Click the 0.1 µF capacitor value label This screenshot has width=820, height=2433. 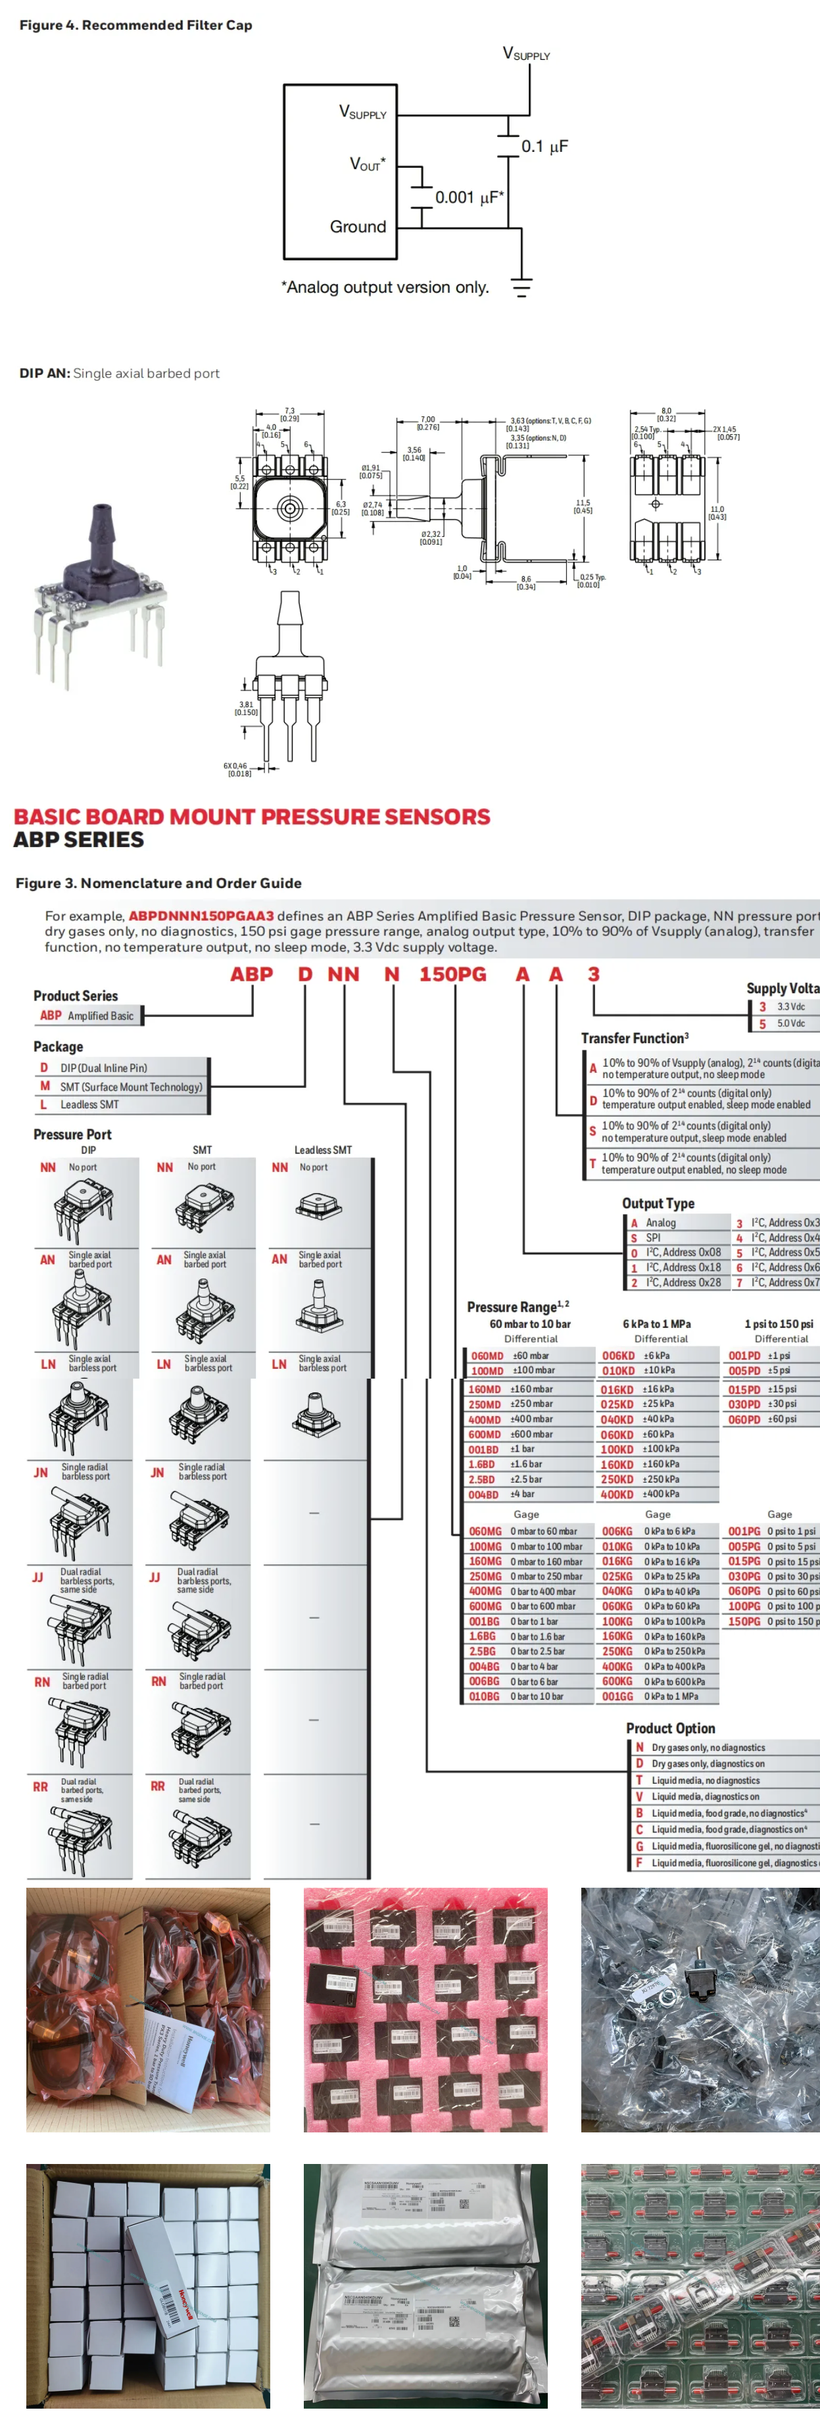pyautogui.click(x=545, y=147)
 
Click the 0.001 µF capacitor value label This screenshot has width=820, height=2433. pyautogui.click(x=469, y=197)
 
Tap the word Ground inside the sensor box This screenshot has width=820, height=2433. pyautogui.click(x=357, y=227)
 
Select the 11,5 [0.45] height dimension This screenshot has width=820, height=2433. pyautogui.click(x=583, y=507)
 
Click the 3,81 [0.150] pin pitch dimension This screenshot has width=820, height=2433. pyautogui.click(x=246, y=708)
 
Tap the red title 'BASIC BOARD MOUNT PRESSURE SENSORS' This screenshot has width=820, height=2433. pyautogui.click(x=251, y=816)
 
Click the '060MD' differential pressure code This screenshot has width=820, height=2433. pyautogui.click(x=487, y=1356)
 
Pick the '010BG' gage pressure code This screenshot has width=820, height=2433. pyautogui.click(x=484, y=1696)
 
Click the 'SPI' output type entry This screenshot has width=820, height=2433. pyautogui.click(x=653, y=1237)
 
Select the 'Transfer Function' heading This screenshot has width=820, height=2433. pyautogui.click(x=634, y=1038)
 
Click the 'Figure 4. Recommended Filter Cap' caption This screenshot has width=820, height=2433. pyautogui.click(x=136, y=24)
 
